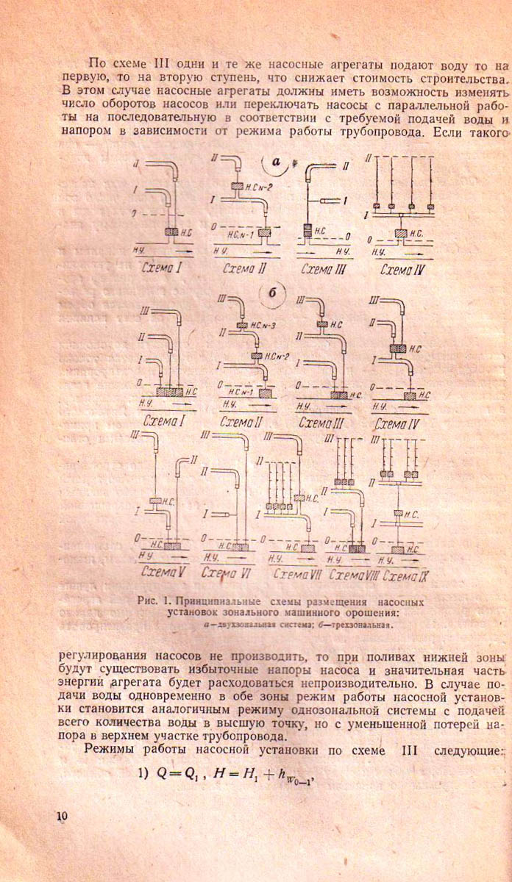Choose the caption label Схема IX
click(x=406, y=573)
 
